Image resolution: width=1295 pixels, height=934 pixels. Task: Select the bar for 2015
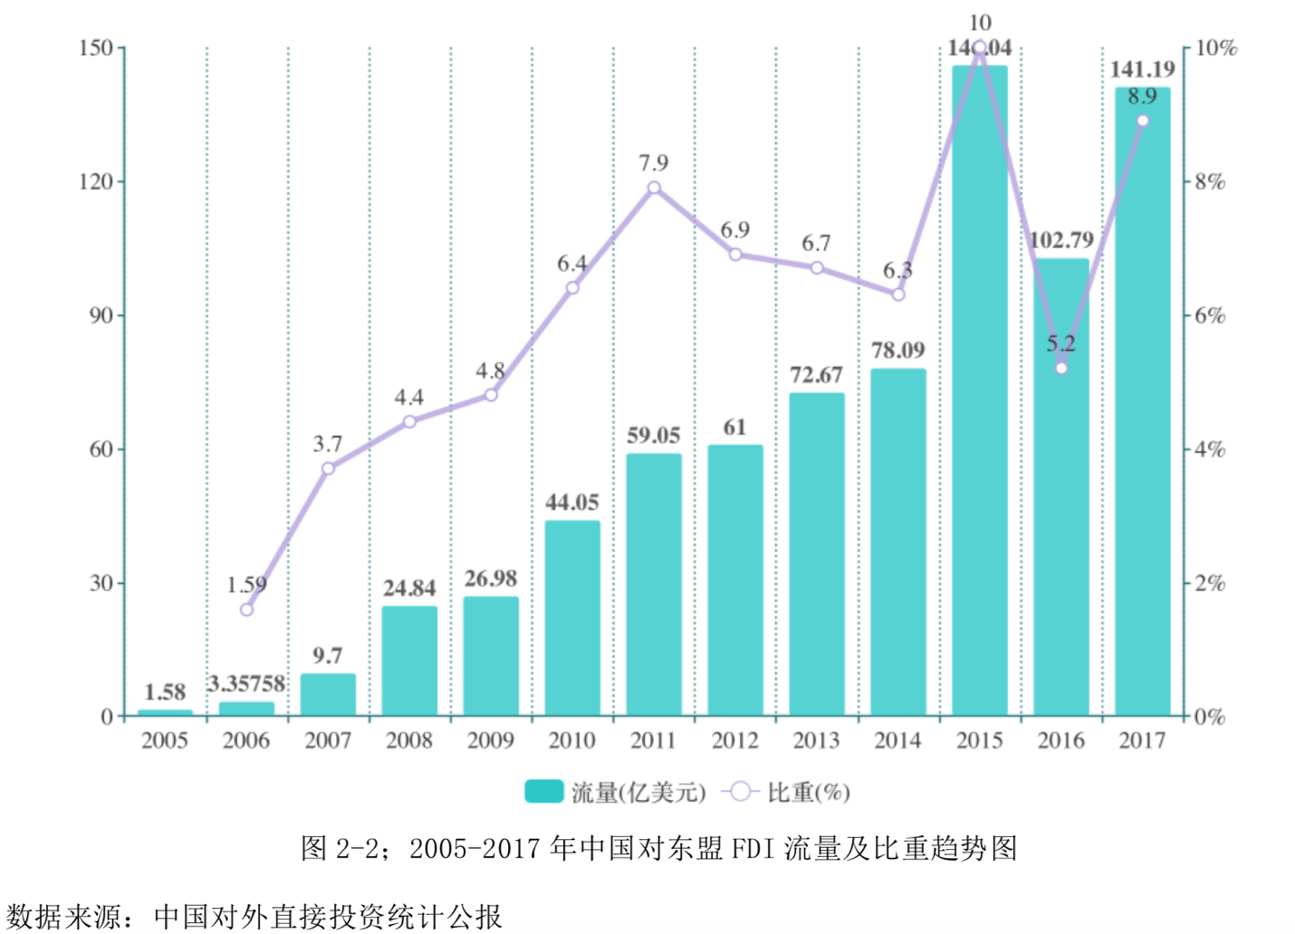pos(979,389)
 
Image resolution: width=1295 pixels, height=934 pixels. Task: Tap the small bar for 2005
pos(165,713)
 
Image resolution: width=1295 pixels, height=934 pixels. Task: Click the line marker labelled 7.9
pos(654,188)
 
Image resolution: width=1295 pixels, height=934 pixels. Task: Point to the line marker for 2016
pos(1061,368)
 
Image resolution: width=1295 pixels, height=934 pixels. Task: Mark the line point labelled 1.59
pos(246,609)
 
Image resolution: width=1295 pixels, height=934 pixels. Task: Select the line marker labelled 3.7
pos(328,468)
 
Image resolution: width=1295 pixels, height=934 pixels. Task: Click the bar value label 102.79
pos(1061,241)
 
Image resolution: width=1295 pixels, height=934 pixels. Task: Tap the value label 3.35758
pos(246,684)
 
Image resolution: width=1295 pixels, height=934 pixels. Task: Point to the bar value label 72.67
pos(816,376)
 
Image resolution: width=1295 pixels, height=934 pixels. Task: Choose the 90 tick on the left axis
pos(101,316)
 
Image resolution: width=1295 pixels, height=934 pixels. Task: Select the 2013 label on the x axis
pos(816,741)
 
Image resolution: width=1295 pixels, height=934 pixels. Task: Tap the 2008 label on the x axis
pos(409,741)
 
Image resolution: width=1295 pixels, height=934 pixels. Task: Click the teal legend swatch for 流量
pos(543,792)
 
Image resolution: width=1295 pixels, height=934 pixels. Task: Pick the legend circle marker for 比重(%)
pos(740,792)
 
